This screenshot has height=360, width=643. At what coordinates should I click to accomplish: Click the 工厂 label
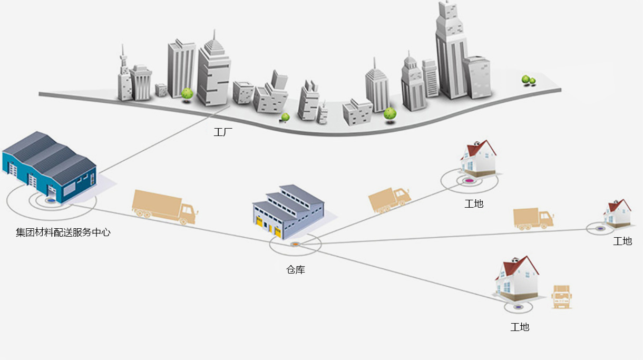[x=222, y=132]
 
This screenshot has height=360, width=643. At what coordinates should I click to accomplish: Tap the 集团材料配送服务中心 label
[x=63, y=232]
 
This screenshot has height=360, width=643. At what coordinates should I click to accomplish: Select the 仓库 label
[x=296, y=270]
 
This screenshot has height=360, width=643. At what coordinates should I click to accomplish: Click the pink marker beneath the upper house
[x=469, y=181]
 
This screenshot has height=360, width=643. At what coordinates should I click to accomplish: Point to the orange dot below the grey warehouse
[x=295, y=244]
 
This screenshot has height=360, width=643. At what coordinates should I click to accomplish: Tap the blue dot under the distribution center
[x=51, y=200]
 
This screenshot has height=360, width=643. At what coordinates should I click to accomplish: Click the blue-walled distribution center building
[x=50, y=168]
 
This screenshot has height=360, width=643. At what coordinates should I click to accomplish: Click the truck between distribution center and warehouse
[x=164, y=207]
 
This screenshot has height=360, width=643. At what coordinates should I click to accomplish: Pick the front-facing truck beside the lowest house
[x=561, y=297]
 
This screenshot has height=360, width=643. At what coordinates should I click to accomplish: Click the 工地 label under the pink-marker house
[x=474, y=203]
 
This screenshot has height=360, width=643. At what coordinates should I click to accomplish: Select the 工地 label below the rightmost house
[x=622, y=241]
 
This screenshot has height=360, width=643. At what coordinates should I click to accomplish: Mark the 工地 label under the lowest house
[x=520, y=327]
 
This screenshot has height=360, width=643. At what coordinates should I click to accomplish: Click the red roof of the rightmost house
[x=621, y=205]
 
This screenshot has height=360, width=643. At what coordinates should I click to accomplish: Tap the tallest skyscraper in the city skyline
[x=451, y=53]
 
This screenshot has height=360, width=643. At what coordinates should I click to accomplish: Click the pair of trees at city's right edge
[x=528, y=80]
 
